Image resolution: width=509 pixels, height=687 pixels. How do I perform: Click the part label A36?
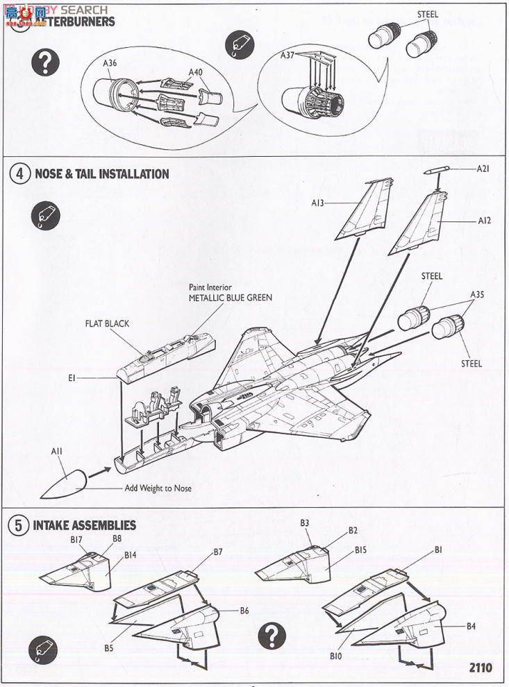pyautogui.click(x=110, y=63)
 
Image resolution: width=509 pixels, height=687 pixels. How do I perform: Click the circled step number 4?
pyautogui.click(x=20, y=173)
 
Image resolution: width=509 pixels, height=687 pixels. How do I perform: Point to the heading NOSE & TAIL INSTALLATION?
pyautogui.click(x=101, y=173)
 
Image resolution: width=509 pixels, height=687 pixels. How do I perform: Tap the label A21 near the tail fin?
pyautogui.click(x=483, y=169)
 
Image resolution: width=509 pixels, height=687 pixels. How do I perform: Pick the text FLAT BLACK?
pyautogui.click(x=107, y=323)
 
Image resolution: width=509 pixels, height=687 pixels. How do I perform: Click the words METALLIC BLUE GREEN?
pyautogui.click(x=231, y=298)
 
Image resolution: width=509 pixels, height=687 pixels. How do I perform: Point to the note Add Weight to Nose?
pyautogui.click(x=158, y=488)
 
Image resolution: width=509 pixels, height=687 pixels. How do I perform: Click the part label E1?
pyautogui.click(x=72, y=378)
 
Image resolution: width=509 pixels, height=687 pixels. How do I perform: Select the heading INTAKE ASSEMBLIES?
pyautogui.click(x=84, y=525)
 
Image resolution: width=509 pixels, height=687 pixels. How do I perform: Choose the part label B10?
pyautogui.click(x=336, y=655)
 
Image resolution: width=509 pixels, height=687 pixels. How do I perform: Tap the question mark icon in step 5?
pyautogui.click(x=272, y=634)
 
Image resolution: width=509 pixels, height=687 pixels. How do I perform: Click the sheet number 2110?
pyautogui.click(x=480, y=668)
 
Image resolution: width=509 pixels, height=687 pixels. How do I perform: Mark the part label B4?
pyautogui.click(x=471, y=626)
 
